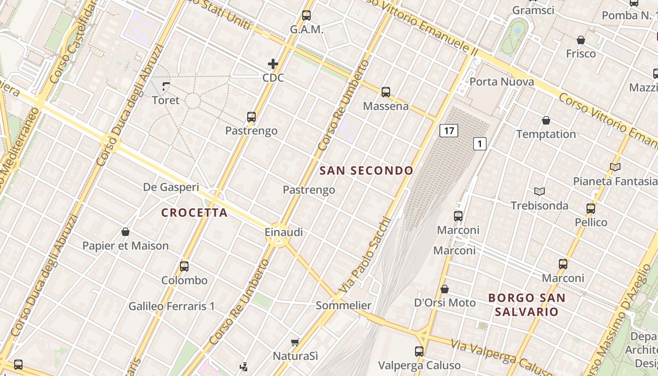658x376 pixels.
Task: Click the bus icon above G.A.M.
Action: click(x=306, y=16)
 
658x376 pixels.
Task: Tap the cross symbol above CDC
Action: click(x=273, y=63)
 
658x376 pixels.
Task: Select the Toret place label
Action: click(x=165, y=100)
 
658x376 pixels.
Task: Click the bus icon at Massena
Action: click(x=386, y=92)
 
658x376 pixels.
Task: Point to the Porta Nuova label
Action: click(x=501, y=82)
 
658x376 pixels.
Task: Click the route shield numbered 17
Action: click(x=449, y=130)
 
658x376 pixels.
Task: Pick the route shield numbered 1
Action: click(x=479, y=144)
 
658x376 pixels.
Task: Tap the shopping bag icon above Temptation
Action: click(x=546, y=121)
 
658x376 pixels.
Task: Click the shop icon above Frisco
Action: click(x=581, y=40)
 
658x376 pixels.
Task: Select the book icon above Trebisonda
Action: click(x=540, y=191)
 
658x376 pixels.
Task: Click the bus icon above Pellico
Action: click(x=591, y=208)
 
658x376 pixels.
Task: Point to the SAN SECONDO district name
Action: click(x=366, y=171)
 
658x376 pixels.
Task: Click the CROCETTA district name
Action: click(x=195, y=213)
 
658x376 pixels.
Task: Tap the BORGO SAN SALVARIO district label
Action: click(x=526, y=305)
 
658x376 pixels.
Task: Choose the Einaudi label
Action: click(x=283, y=232)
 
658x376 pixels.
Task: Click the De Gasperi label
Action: click(x=171, y=187)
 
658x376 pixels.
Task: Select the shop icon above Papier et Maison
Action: click(x=125, y=232)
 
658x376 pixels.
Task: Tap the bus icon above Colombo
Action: click(x=184, y=266)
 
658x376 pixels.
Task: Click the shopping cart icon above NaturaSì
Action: click(x=295, y=342)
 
